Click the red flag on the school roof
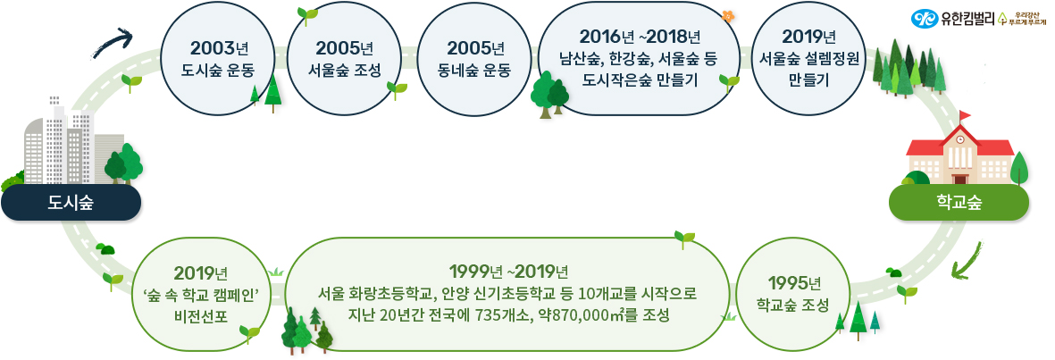click(x=965, y=115)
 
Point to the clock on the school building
click(x=960, y=140)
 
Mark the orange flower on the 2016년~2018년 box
click(x=726, y=15)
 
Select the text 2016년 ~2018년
click(x=640, y=37)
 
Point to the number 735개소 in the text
click(x=495, y=315)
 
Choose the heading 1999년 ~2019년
click(x=507, y=272)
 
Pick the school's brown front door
click(x=959, y=178)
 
